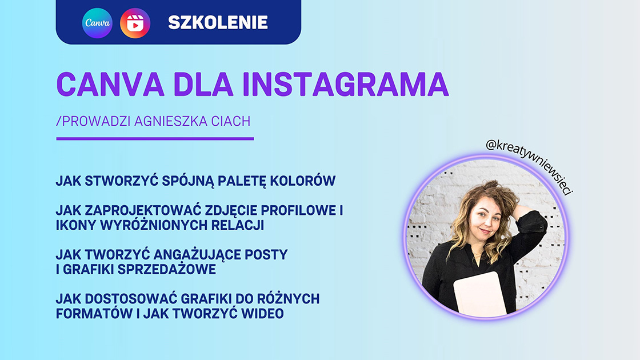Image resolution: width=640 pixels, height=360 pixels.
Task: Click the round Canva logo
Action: point(97,23)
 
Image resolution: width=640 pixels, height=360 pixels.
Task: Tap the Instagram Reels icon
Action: point(135,23)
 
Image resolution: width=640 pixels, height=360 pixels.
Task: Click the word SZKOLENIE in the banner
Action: point(218,22)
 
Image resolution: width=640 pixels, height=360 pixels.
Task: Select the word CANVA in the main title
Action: point(110,85)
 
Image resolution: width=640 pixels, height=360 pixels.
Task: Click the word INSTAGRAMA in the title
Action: point(346,85)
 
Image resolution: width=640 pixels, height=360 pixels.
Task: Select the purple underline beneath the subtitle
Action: point(155,139)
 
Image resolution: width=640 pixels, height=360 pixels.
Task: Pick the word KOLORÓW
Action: point(302,181)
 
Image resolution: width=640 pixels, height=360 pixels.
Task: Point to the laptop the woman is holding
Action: point(481,294)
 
